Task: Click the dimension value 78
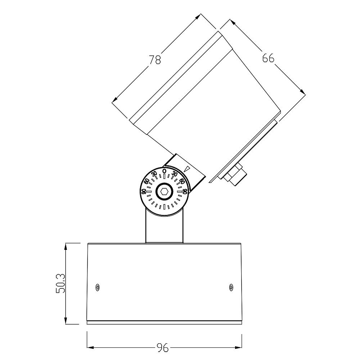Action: (x=155, y=60)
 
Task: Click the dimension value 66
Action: (x=268, y=58)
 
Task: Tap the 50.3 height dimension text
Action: (x=60, y=284)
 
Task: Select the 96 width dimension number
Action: (x=163, y=348)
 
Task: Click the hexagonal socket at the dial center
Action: (x=165, y=191)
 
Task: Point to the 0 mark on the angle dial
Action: (x=164, y=171)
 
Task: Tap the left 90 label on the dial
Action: (x=143, y=191)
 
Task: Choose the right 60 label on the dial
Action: (x=182, y=181)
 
